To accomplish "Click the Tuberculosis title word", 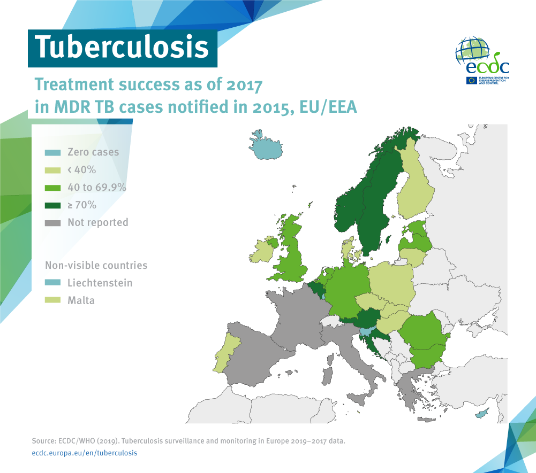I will pyautogui.click(x=122, y=47).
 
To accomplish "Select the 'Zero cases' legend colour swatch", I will pyautogui.click(x=52, y=152).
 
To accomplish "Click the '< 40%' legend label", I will pyautogui.click(x=81, y=170).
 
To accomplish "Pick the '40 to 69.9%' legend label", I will pyautogui.click(x=96, y=188).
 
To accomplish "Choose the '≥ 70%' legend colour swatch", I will pyautogui.click(x=52, y=205).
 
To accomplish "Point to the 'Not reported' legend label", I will pyautogui.click(x=97, y=222).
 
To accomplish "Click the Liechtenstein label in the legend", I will pyautogui.click(x=100, y=283).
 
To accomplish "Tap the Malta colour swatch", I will pyautogui.click(x=52, y=300).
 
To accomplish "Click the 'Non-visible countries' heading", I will pyautogui.click(x=96, y=265).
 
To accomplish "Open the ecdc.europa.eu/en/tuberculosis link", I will pyautogui.click(x=85, y=453).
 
